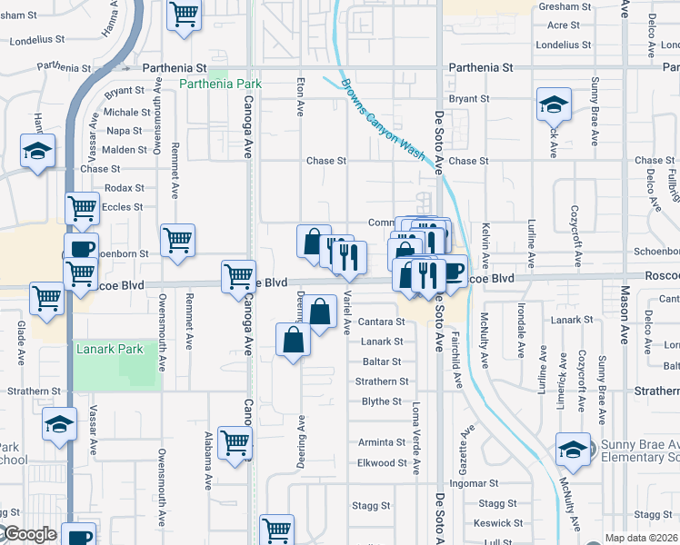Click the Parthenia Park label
[x=220, y=84]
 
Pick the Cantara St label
[x=382, y=322]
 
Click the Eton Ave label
[x=300, y=96]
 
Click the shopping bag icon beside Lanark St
[x=294, y=342]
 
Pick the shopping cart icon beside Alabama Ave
[x=235, y=442]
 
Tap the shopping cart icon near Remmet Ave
[x=177, y=240]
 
